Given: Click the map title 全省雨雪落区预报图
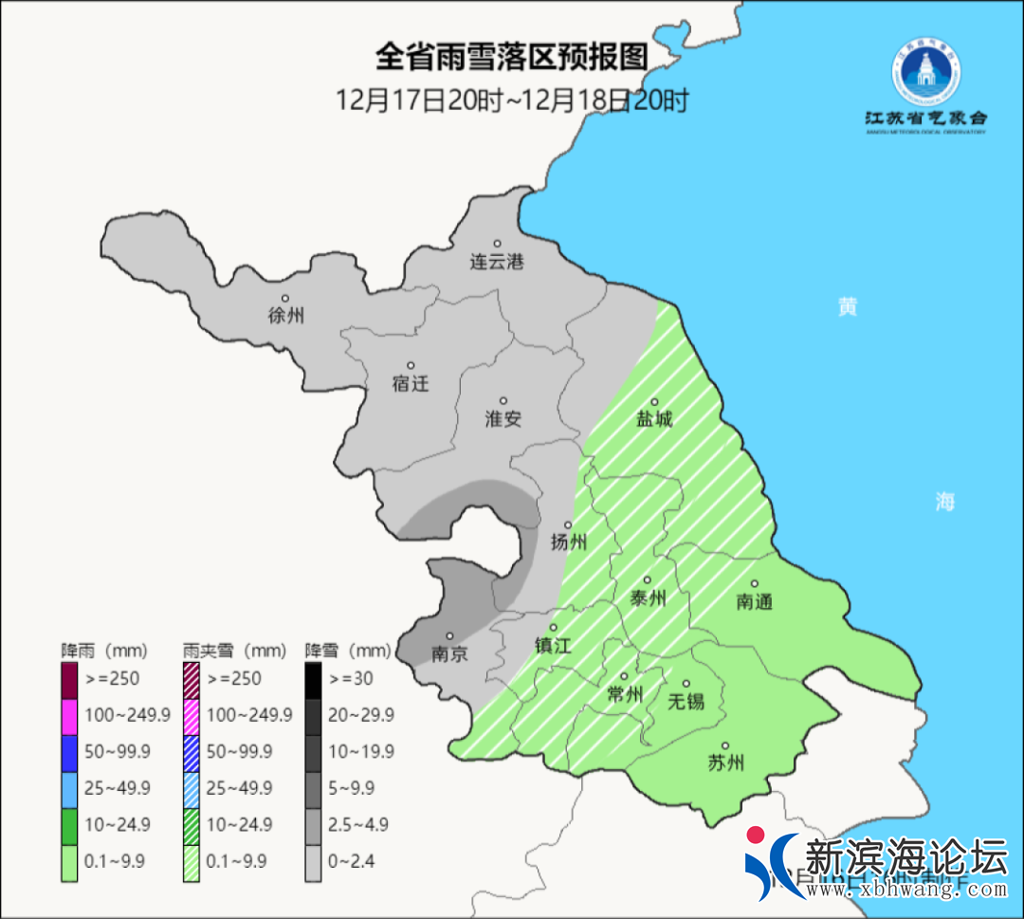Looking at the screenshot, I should (x=511, y=58).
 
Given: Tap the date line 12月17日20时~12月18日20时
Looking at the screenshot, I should (x=512, y=99).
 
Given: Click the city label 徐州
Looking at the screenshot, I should (x=286, y=316).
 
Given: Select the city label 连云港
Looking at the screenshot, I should (x=497, y=262).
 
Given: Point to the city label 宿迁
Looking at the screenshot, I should (x=411, y=383).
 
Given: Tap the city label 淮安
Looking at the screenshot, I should (x=503, y=418).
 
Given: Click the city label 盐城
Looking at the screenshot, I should (x=654, y=418).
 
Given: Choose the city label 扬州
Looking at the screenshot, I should (x=569, y=542).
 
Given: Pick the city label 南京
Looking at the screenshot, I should (x=449, y=653).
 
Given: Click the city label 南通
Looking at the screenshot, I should (x=755, y=601).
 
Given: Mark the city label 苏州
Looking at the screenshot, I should (x=725, y=763).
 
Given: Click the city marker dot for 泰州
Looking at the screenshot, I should (x=648, y=579).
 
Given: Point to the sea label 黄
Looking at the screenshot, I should (x=847, y=307).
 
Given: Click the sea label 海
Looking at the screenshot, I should (x=944, y=502).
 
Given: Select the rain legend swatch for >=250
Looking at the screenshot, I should (x=69, y=679).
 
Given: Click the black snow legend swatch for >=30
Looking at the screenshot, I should (x=313, y=679).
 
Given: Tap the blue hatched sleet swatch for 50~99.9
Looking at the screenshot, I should (x=191, y=752).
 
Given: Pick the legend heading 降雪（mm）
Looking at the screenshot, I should (x=347, y=651).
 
